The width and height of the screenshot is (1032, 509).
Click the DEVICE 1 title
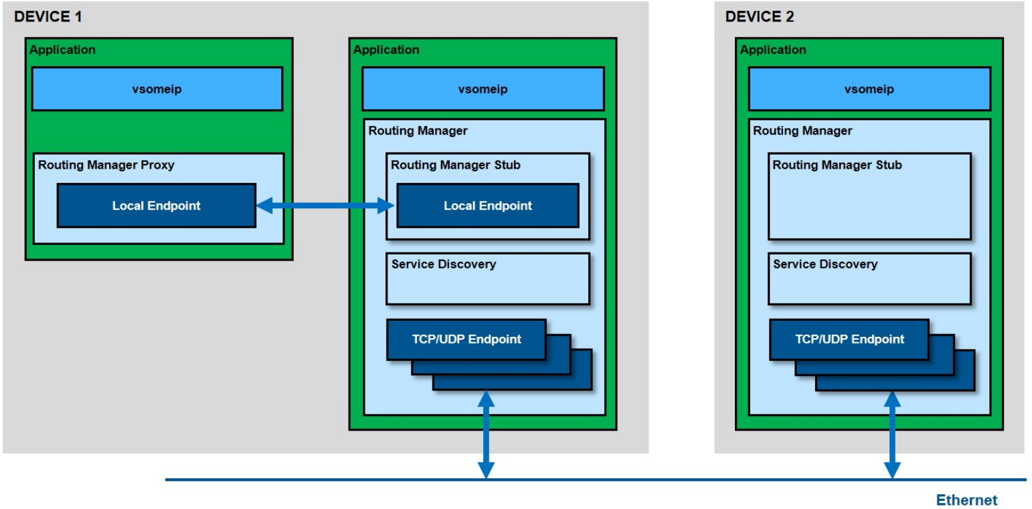[x=48, y=17]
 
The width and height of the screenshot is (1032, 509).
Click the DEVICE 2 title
[x=760, y=17]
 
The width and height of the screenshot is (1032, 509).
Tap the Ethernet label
[x=966, y=500]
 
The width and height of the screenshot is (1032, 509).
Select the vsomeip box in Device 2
[x=869, y=89]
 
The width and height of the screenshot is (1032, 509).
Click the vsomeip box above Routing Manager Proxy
[x=157, y=89]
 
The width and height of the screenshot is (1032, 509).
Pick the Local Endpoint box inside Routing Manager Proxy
[x=157, y=206]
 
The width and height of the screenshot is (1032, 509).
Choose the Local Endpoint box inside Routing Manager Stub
[x=488, y=206]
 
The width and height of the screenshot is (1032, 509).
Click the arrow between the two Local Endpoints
[x=325, y=206]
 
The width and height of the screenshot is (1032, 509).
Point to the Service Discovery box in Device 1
[x=488, y=279]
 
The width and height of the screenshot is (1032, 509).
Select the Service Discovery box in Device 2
[x=869, y=279]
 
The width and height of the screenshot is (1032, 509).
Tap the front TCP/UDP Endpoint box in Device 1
[x=466, y=340]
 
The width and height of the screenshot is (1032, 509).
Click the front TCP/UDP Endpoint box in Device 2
[x=849, y=340]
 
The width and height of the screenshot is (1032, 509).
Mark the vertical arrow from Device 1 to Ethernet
[x=486, y=435]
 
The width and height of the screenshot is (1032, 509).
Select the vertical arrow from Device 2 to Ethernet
[x=892, y=435]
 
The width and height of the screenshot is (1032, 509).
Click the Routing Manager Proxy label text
[x=106, y=165]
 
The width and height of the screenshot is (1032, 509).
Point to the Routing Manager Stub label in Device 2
[x=837, y=165]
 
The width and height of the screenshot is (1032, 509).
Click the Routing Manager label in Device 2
[x=802, y=131]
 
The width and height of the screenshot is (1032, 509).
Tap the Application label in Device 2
[x=773, y=50]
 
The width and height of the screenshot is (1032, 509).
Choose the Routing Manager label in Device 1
[x=418, y=131]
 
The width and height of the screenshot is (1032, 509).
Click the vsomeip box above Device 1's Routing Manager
[x=483, y=89]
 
